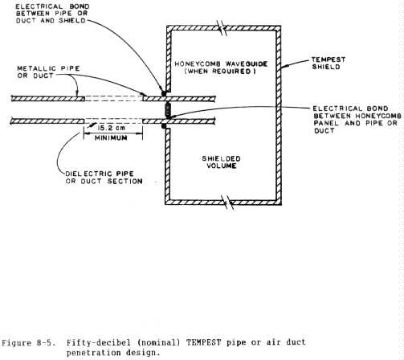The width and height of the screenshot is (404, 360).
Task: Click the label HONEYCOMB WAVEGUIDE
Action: click(x=221, y=64)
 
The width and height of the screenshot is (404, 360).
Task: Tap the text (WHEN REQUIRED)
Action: click(x=220, y=72)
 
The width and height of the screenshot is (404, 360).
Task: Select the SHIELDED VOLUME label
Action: click(x=222, y=162)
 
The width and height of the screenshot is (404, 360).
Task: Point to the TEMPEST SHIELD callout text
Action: click(x=329, y=63)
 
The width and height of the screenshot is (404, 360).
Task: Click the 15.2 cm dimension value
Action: click(x=112, y=128)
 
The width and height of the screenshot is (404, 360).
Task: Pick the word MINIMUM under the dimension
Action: click(x=111, y=138)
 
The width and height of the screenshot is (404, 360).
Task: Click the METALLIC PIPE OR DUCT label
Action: click(x=48, y=72)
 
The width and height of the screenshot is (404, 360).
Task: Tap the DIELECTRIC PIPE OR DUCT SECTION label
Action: click(x=104, y=178)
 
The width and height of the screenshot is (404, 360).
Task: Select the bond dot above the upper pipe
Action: click(x=164, y=93)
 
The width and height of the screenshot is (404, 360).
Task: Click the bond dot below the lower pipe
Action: click(x=164, y=125)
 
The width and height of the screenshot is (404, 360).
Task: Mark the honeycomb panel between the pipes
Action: click(x=168, y=110)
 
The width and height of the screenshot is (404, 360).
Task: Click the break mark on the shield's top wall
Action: click(x=222, y=27)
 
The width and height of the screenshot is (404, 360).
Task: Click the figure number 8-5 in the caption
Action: click(x=43, y=342)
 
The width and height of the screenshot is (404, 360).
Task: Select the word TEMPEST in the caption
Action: click(x=204, y=342)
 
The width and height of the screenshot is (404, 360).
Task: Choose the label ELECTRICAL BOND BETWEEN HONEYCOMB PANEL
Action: click(x=357, y=120)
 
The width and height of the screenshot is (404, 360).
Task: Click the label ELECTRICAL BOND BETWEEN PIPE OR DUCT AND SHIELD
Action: click(x=52, y=14)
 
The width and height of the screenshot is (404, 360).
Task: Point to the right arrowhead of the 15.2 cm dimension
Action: click(x=140, y=133)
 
